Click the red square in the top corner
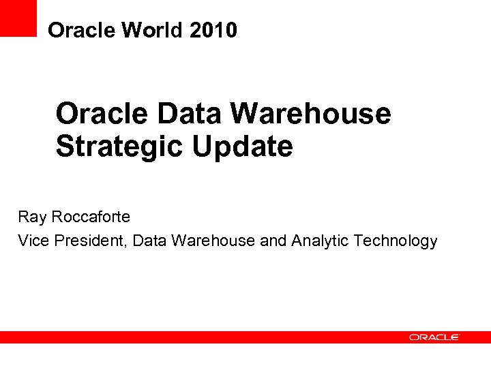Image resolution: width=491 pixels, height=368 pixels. pyautogui.click(x=18, y=18)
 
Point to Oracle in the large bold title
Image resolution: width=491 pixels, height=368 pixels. pyautogui.click(x=102, y=113)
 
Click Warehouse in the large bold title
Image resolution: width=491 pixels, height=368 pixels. pyautogui.click(x=311, y=113)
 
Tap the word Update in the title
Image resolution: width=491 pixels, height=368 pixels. pyautogui.click(x=242, y=147)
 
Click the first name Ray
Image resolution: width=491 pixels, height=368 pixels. pyautogui.click(x=31, y=217)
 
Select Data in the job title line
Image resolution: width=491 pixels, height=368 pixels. pyautogui.click(x=150, y=241)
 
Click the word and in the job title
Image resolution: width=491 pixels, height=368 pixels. pyautogui.click(x=273, y=241)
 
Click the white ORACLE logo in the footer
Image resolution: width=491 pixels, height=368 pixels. pyautogui.click(x=434, y=337)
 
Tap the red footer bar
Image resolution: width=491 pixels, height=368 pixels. pyautogui.click(x=205, y=337)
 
